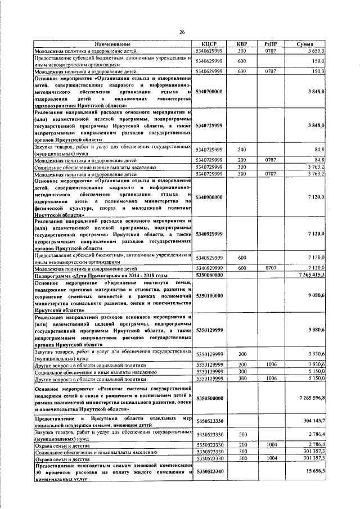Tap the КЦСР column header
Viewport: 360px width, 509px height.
tap(209, 44)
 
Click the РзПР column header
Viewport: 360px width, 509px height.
tap(271, 44)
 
